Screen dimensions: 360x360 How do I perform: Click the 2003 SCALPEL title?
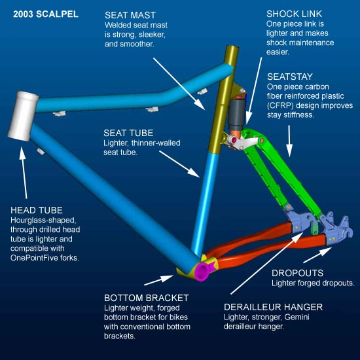click(46, 14)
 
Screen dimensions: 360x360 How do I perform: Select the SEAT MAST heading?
click(130, 16)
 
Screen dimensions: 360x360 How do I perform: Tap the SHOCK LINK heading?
click(294, 14)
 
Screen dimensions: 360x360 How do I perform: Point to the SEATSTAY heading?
click(290, 77)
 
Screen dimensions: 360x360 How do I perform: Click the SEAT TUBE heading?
click(128, 133)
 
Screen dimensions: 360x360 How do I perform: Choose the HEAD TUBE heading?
click(37, 210)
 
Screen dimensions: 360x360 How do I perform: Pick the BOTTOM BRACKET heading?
click(146, 298)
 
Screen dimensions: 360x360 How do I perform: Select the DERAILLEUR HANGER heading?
click(273, 307)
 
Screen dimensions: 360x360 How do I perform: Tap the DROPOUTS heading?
click(297, 273)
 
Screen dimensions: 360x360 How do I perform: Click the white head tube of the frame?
click(23, 116)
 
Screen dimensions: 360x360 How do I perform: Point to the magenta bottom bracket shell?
click(202, 272)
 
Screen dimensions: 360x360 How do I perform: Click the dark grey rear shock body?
click(236, 114)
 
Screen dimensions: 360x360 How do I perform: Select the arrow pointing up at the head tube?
click(24, 173)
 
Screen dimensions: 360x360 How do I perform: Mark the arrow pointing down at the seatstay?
click(289, 141)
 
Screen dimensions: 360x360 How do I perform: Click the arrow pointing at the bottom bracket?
click(159, 280)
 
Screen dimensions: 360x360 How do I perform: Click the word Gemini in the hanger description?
click(297, 317)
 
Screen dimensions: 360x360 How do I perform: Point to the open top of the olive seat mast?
click(232, 48)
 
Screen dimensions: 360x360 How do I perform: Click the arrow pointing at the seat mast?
click(179, 84)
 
